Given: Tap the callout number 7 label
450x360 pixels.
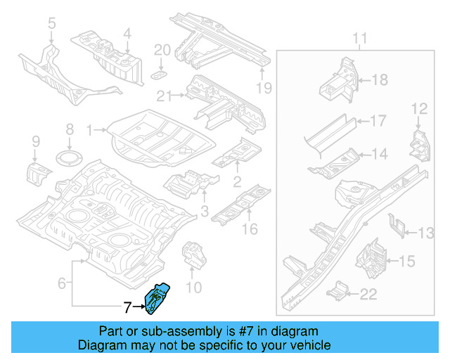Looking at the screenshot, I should [x=127, y=307].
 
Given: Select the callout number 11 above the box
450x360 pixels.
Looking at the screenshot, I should [x=360, y=37].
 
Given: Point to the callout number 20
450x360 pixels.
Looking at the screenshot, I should [x=162, y=50].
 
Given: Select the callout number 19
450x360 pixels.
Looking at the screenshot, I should [x=263, y=88].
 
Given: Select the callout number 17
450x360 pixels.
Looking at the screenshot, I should [x=378, y=121].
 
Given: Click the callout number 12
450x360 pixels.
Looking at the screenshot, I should [x=419, y=108].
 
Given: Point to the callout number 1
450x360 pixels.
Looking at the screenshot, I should [x=89, y=129].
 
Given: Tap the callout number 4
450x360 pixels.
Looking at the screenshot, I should [x=127, y=33].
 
